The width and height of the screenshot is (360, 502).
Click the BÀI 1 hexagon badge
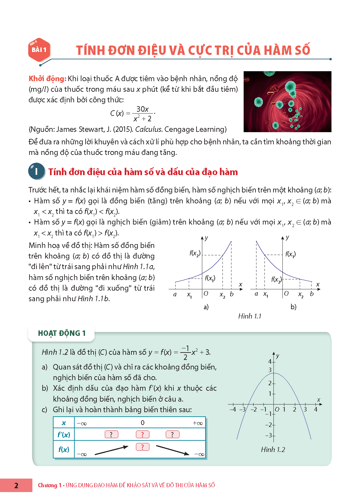click(39, 50)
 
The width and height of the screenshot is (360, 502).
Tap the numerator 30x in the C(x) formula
click(142, 109)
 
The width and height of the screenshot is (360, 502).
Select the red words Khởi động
click(47, 79)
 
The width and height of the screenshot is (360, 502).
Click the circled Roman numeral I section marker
click(36, 171)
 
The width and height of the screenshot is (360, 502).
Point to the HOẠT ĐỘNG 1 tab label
click(62, 333)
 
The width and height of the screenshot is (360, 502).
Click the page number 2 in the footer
click(16, 485)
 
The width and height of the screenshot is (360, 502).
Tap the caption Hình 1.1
click(250, 316)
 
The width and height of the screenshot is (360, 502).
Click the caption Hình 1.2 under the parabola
click(273, 450)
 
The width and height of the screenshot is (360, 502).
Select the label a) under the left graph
click(206, 307)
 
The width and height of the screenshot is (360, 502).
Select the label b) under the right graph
click(293, 307)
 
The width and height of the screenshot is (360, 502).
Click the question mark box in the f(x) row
click(143, 447)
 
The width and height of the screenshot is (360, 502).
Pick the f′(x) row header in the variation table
click(64, 435)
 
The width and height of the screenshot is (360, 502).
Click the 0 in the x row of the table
click(143, 423)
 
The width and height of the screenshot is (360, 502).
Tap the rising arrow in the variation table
click(111, 450)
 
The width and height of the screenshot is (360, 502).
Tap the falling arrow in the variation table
click(172, 450)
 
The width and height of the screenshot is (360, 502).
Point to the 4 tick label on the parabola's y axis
click(270, 362)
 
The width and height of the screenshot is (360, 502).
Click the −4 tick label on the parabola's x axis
click(233, 410)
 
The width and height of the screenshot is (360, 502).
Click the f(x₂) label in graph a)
click(195, 253)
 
